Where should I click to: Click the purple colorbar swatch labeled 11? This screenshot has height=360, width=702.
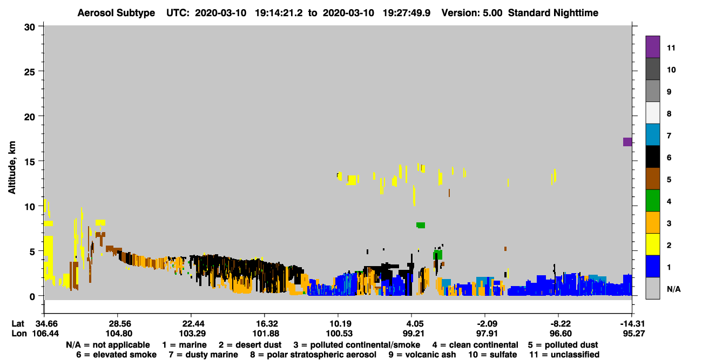point(652,46)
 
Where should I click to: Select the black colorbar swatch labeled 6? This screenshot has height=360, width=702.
point(652,157)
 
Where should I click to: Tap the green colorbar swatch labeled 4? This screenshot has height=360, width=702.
point(652,201)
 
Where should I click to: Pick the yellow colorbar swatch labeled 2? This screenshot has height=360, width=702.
point(652,244)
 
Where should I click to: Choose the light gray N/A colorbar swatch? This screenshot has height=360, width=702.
point(652,288)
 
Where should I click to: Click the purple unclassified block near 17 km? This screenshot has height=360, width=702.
point(627,142)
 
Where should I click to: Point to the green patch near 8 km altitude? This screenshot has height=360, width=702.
point(421,225)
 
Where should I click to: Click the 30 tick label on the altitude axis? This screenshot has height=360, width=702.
point(30,28)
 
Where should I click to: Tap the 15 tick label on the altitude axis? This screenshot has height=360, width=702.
point(30,161)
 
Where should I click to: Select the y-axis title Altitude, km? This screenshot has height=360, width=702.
point(11,168)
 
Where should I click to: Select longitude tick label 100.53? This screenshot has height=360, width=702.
point(340,334)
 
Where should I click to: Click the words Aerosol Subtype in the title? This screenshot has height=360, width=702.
point(116,13)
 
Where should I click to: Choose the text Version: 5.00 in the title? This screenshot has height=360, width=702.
point(472,13)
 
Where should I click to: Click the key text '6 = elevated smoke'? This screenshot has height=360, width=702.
point(116,355)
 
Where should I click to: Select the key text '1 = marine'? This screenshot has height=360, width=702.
point(184,345)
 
